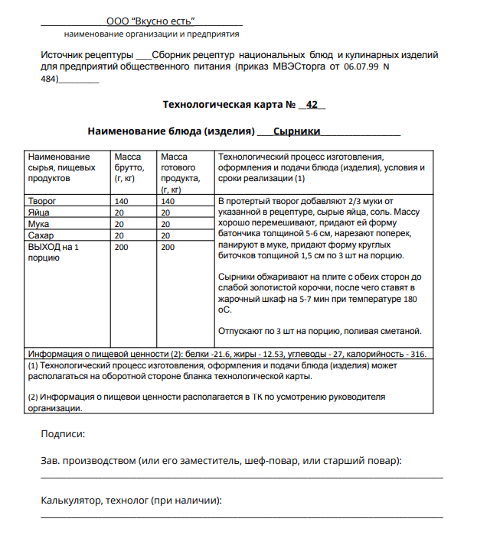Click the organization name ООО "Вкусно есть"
pos(150,21)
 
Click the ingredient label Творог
pos(43,201)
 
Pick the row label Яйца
pos(38,212)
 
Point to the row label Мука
pos(38,224)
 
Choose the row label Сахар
pos(41,235)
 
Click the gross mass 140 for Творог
pos(122,201)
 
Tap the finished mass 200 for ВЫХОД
pos(168,247)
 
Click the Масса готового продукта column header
pos(179,173)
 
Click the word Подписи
pos(62,434)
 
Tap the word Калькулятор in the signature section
pos(70,501)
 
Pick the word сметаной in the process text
pos(400,331)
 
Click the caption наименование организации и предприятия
pos(152,34)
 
